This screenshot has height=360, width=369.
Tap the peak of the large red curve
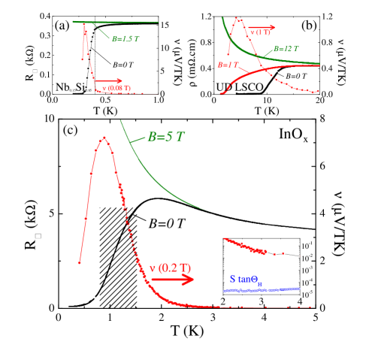[104, 138]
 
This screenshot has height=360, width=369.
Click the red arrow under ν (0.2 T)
[172, 280]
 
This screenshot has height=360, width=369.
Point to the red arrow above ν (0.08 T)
[109, 80]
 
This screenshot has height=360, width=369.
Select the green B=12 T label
[286, 49]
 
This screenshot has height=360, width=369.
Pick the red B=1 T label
[228, 65]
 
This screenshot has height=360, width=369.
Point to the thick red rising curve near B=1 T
[256, 73]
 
